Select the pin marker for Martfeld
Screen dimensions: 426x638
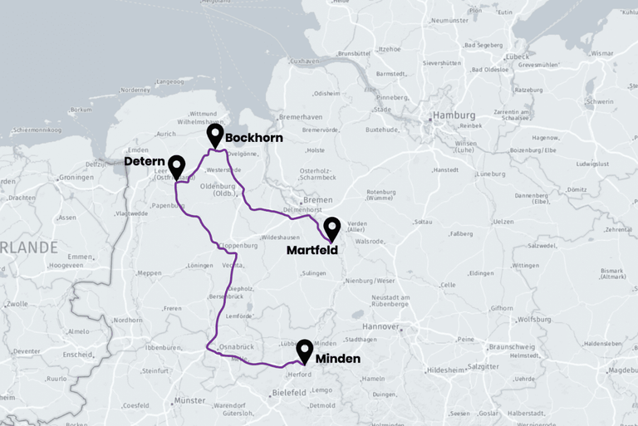(x=331, y=228)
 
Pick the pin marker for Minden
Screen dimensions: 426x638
(x=304, y=350)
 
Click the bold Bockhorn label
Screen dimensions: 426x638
(x=254, y=138)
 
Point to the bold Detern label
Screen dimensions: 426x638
(x=145, y=161)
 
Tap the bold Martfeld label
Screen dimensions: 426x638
(x=312, y=249)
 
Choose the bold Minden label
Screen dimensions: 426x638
(x=338, y=359)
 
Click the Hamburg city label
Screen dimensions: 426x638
(x=454, y=115)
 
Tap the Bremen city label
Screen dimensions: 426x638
(x=317, y=200)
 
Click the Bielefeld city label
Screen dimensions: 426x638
(x=289, y=391)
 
